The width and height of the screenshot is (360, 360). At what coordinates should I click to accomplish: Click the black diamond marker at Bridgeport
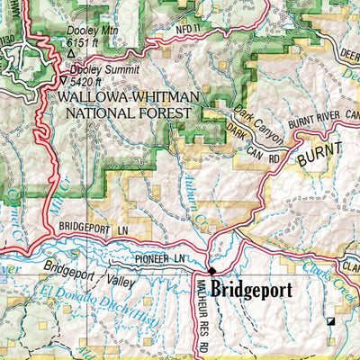pos(212,271)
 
